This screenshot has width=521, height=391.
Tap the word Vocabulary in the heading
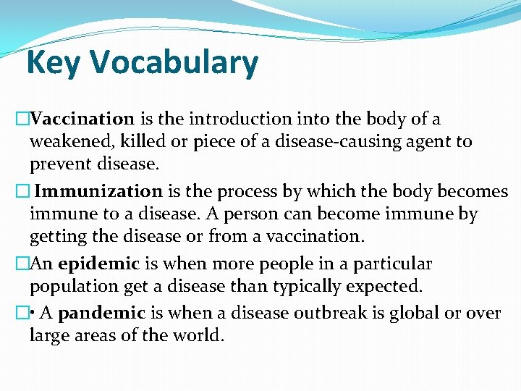coord(174,63)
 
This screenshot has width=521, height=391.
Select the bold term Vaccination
coord(83,119)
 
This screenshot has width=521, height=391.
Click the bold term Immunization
coord(99,192)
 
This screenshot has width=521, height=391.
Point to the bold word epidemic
coord(101,264)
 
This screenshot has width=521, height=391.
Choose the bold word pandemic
coord(102,314)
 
